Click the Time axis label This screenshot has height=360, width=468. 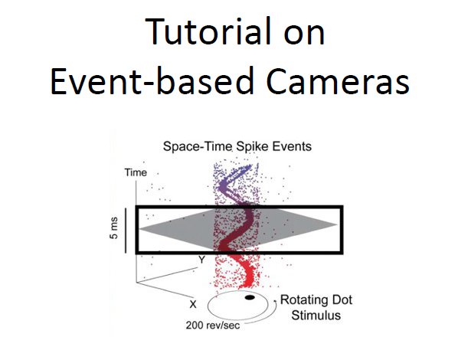pos(135,172)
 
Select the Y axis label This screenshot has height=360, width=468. pos(200,260)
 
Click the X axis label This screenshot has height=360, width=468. pos(182,304)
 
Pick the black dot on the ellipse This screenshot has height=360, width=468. pos(249,297)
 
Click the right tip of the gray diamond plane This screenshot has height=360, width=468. pos(335,224)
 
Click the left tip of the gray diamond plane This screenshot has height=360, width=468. pos(141,225)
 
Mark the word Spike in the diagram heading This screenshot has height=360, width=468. pos(239,146)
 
